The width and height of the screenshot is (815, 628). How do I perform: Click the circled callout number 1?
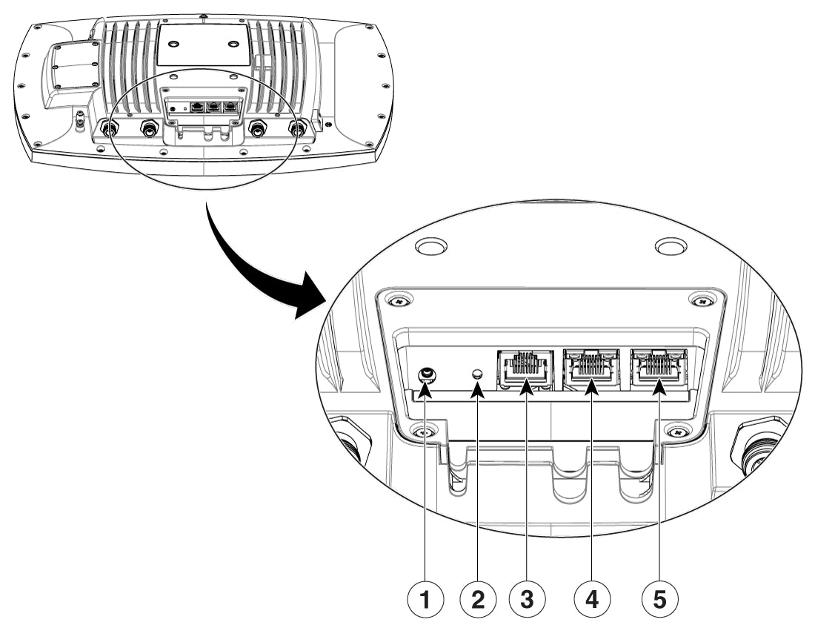coord(425,598)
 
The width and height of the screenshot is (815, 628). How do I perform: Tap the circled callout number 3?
coord(528,598)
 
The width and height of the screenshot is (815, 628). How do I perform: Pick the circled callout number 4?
coord(592,598)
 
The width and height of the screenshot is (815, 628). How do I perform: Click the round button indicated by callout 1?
coord(426,374)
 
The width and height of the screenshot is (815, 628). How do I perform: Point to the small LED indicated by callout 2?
coord(478,374)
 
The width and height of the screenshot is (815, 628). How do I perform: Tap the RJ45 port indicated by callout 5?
coord(658,367)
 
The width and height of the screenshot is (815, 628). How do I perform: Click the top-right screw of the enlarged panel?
coord(699,300)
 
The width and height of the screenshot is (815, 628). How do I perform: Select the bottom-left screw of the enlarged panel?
coord(425,431)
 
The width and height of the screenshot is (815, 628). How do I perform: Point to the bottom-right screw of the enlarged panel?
coord(677,431)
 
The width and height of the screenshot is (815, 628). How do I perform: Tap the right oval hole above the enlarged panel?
coord(671,245)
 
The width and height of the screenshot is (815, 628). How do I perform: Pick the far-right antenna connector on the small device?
coord(298,128)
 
